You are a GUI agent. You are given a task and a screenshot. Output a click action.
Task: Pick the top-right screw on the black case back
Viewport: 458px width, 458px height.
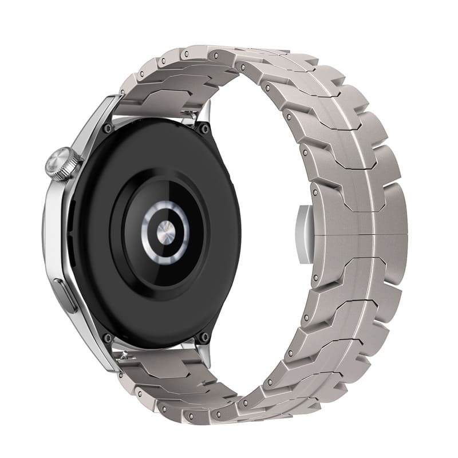coord(204,129)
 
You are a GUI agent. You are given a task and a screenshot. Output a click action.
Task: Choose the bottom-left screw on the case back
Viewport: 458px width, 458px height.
coord(106,338)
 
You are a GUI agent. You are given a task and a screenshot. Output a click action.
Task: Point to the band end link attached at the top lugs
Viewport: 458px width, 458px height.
coord(155,103)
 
